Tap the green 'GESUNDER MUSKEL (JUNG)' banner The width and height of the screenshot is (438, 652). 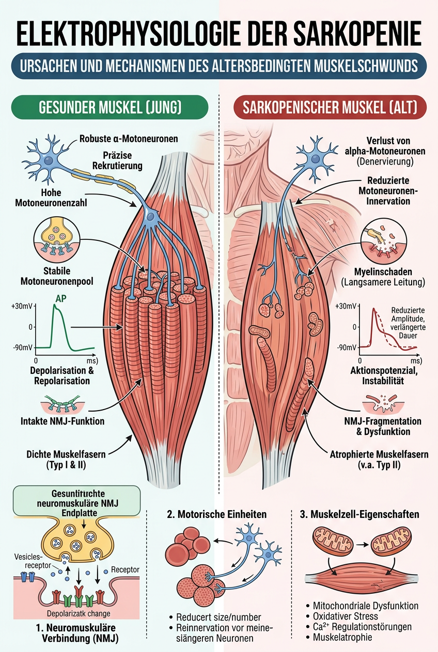[109, 108]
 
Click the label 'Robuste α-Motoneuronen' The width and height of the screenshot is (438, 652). [129, 139]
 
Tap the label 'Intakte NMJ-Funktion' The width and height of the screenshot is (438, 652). [66, 421]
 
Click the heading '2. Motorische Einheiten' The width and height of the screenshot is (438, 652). [217, 514]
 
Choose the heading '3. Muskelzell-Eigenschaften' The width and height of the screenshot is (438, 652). [359, 514]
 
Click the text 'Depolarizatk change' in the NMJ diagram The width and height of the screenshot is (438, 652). [79, 613]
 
